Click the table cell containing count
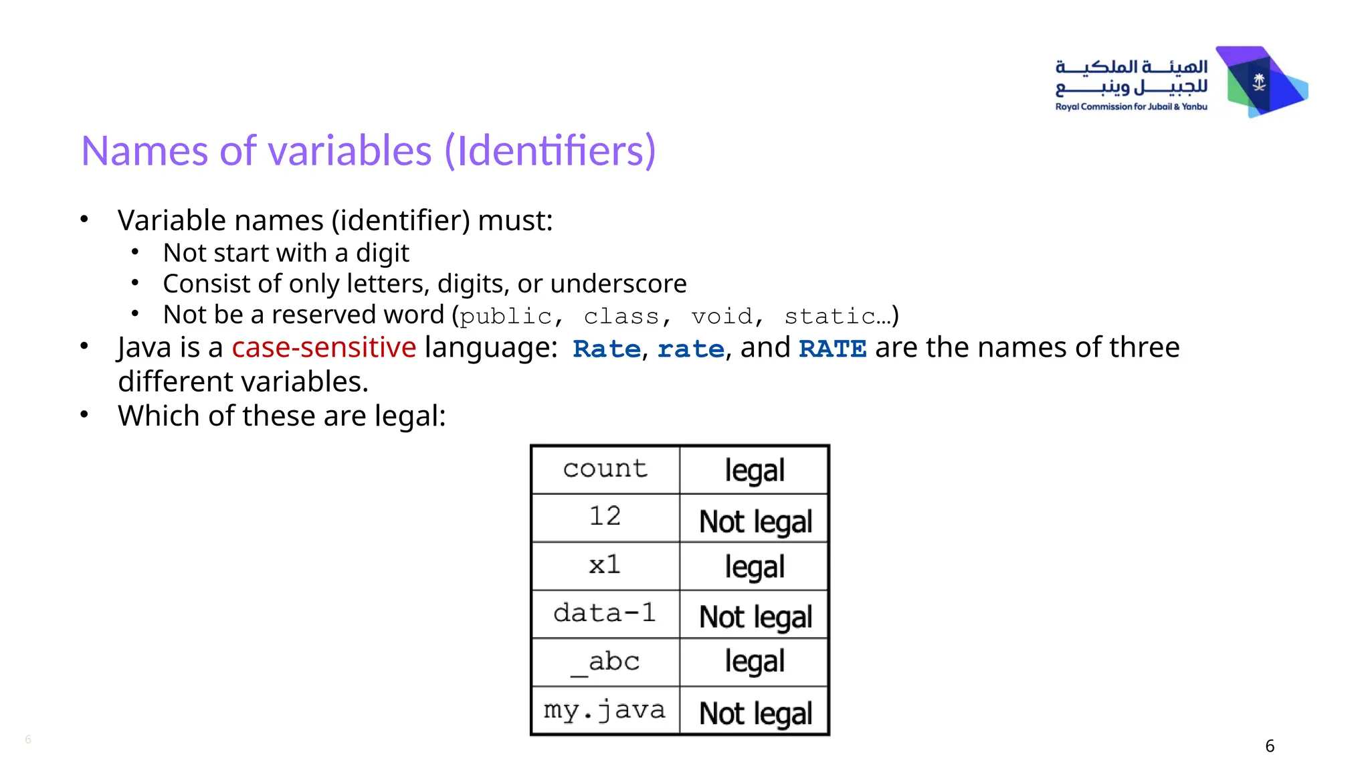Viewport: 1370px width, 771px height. click(x=605, y=469)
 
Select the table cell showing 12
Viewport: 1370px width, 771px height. click(x=605, y=517)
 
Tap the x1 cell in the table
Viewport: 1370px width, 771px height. click(x=605, y=566)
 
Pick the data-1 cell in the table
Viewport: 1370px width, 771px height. click(x=605, y=613)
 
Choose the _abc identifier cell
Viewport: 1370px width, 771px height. click(x=605, y=662)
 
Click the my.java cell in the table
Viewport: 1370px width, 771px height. click(x=605, y=710)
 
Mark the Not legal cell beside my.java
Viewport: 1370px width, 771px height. click(x=755, y=713)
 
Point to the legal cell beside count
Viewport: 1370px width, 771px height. click(x=755, y=470)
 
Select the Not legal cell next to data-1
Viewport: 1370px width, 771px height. click(x=755, y=616)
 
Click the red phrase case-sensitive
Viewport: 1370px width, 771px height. click(x=324, y=347)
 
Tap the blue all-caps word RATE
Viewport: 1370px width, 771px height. click(x=833, y=349)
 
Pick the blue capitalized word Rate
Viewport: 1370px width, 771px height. click(x=607, y=349)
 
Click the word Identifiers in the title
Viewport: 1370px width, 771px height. click(x=550, y=151)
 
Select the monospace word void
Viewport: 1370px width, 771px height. click(x=721, y=316)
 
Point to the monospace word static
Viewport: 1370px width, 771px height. click(x=830, y=316)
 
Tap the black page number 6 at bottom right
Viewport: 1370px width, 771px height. click(x=1270, y=746)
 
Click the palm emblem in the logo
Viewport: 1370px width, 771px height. click(x=1259, y=82)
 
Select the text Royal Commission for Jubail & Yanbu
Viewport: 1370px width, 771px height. click(x=1131, y=107)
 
